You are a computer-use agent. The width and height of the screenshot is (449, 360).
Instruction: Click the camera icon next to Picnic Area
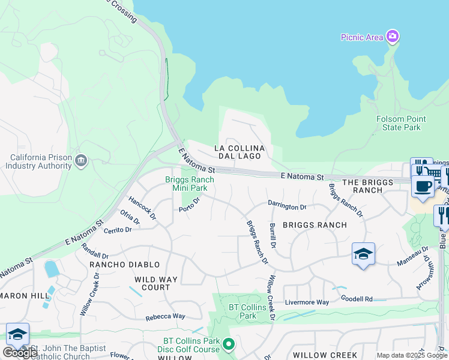pos(392,37)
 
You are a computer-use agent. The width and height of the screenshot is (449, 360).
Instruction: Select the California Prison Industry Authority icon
pos(82,161)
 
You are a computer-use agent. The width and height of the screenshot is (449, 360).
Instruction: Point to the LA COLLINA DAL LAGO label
pos(238,152)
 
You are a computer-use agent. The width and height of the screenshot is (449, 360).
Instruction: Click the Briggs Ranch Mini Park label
pos(186,184)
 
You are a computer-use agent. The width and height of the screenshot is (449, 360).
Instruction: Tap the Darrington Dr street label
pos(287,206)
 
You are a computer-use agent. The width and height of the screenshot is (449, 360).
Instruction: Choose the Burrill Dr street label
pos(273,235)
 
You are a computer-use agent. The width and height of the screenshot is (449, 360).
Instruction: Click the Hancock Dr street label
pos(142,207)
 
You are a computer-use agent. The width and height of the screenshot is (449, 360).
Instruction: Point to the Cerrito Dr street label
pos(117,230)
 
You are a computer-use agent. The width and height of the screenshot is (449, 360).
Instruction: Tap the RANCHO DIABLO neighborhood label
pos(125,265)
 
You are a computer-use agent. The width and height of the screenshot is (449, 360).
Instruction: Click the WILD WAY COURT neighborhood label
pos(155,283)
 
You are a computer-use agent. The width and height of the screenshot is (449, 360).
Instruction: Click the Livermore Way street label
pos(307,302)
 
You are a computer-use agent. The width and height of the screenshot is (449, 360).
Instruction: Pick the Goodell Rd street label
pos(357,298)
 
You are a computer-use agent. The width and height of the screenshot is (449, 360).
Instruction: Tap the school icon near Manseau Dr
pos(364,254)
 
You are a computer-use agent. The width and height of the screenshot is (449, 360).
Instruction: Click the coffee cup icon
pos(423,185)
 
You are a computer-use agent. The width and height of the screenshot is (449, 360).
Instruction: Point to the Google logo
pos(20,353)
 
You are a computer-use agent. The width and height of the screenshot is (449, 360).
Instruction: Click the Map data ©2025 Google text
pos(412,355)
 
